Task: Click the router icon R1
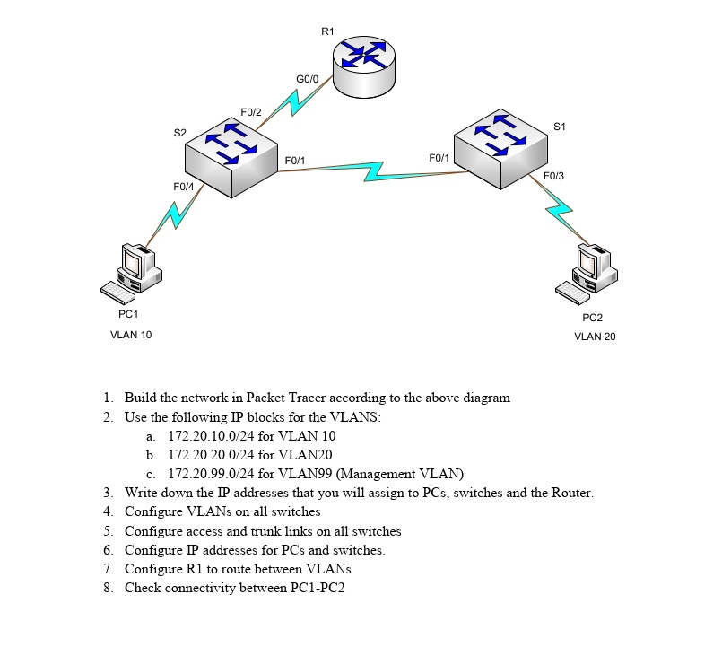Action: [362, 66]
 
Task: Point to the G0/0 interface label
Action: [307, 80]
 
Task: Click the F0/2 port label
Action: [251, 112]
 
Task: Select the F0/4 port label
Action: [183, 187]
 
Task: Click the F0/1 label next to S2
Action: [294, 161]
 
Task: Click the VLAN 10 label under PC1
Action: [131, 335]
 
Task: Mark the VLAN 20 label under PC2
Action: [595, 337]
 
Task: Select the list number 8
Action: [108, 588]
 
